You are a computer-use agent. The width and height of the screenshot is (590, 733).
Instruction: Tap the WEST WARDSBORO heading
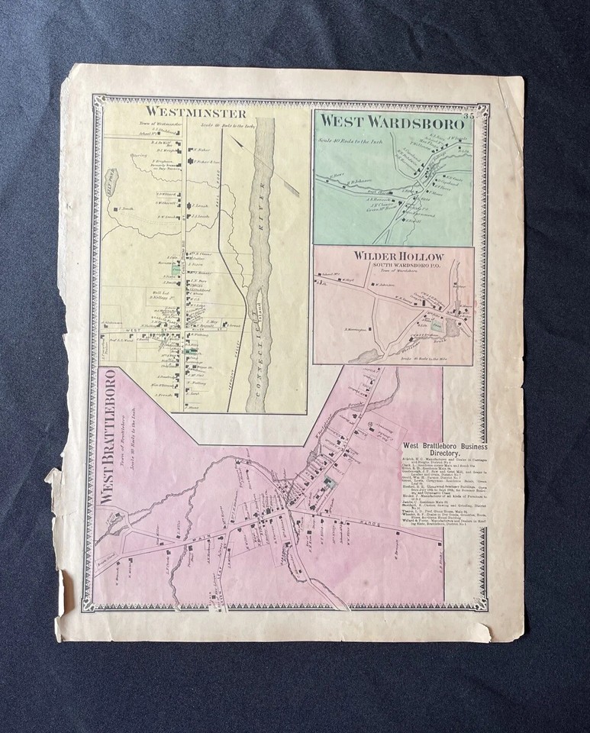tap(391, 121)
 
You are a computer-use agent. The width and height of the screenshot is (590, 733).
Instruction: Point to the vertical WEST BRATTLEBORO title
tap(107, 435)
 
